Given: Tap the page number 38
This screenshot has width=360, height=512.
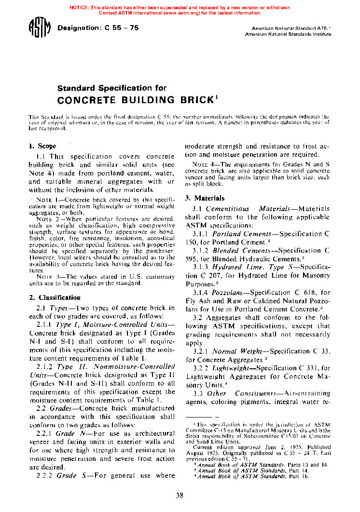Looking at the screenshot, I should (x=180, y=495).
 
